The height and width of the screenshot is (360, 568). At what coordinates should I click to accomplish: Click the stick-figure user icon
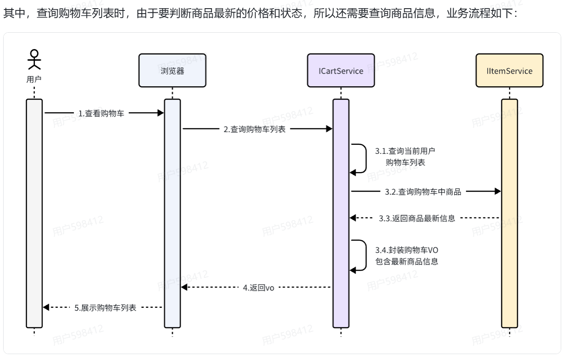(34, 60)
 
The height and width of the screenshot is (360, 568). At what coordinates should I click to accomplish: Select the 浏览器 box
(172, 70)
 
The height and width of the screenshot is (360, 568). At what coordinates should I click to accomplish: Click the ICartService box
(341, 70)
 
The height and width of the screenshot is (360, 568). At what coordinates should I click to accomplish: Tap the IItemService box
(509, 70)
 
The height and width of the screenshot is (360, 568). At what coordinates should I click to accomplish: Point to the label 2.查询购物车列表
(255, 129)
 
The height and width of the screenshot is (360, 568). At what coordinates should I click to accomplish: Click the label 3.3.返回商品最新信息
(417, 218)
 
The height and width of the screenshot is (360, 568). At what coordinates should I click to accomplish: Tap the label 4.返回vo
(259, 287)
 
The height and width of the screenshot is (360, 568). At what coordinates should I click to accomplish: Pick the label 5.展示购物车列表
(105, 308)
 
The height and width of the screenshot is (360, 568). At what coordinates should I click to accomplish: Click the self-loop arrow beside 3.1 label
(361, 158)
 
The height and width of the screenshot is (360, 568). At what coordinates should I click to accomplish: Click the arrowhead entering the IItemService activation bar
(498, 192)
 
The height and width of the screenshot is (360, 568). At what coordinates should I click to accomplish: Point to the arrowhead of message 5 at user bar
(46, 308)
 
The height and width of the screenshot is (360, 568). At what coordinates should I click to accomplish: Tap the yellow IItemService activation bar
(509, 213)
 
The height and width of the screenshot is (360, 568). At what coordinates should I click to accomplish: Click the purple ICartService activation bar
(341, 213)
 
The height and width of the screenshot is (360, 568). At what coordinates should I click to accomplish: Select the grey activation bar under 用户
(34, 213)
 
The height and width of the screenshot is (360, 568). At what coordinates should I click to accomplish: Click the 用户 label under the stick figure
(34, 79)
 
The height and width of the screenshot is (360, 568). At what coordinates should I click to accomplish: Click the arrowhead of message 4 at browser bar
(184, 287)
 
